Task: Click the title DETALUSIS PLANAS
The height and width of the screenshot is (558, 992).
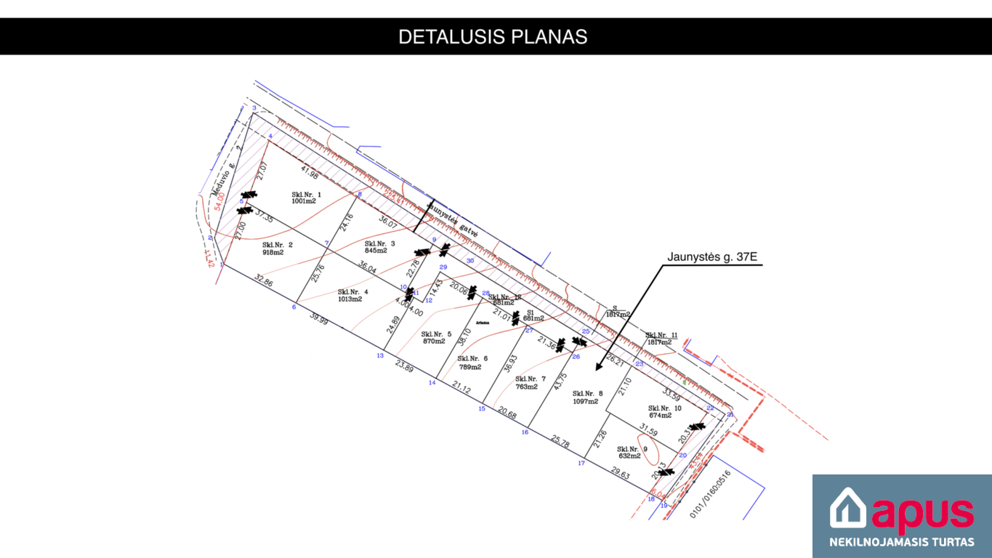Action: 493,37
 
